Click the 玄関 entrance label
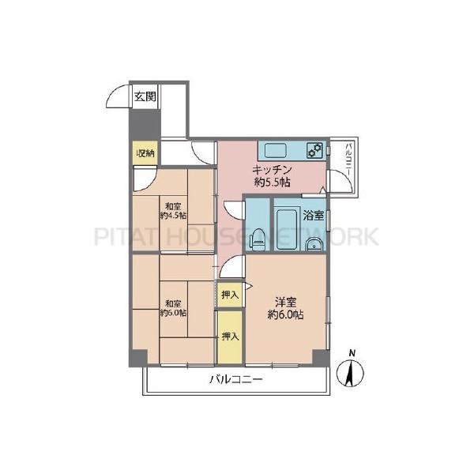[145, 96]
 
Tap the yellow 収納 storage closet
[145, 153]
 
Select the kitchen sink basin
[276, 150]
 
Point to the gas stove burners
[314, 150]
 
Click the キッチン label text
[272, 170]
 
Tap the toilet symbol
[258, 239]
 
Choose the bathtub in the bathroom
[287, 228]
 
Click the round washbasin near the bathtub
[314, 245]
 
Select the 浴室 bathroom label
[314, 216]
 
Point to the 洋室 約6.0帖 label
[285, 308]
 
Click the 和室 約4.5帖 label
[173, 211]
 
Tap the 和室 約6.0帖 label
[173, 308]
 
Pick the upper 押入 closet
[231, 295]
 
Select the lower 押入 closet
[231, 337]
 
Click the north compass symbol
[350, 373]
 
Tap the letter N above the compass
[352, 353]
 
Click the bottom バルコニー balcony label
[236, 379]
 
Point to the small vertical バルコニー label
[348, 160]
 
